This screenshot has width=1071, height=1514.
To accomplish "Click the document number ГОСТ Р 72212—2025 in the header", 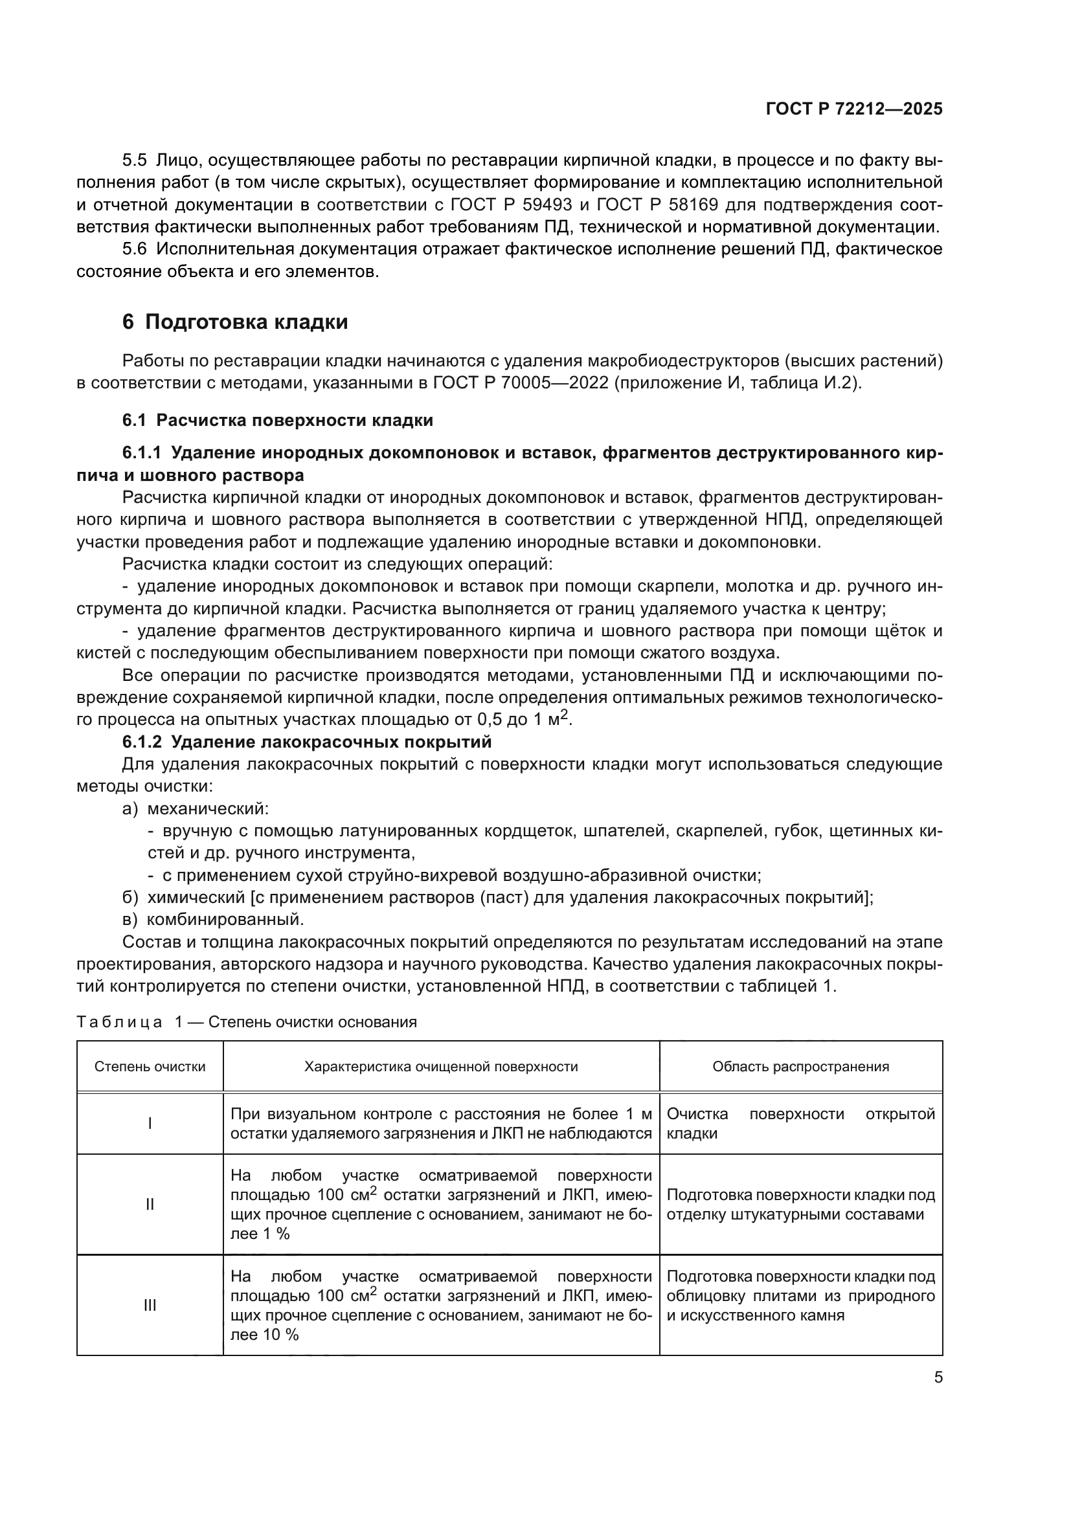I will pyautogui.click(x=854, y=109).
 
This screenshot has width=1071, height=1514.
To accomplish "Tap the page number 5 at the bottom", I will pyautogui.click(x=938, y=1377).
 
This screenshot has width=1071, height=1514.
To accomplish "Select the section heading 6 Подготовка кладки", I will pyautogui.click(x=235, y=322).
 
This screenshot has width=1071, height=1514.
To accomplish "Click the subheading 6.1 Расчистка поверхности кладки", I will pyautogui.click(x=277, y=420).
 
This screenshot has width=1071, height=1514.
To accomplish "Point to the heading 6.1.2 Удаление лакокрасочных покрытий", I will pyautogui.click(x=307, y=742).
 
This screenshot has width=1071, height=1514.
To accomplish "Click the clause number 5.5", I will pyautogui.click(x=135, y=161).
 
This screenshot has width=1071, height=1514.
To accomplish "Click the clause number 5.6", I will pyautogui.click(x=135, y=249).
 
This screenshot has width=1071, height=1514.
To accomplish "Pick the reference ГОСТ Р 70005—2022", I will pyautogui.click(x=521, y=383).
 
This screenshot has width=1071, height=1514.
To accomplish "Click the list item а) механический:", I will pyautogui.click(x=195, y=808).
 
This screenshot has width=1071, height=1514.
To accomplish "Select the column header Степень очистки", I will pyautogui.click(x=150, y=1067).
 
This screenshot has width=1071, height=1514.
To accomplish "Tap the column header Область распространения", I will pyautogui.click(x=800, y=1067).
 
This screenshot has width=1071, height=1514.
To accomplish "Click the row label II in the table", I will pyautogui.click(x=150, y=1204).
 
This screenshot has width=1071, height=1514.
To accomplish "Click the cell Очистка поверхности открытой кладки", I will pyautogui.click(x=800, y=1124).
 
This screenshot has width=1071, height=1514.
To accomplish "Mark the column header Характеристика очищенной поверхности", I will pyautogui.click(x=440, y=1067).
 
